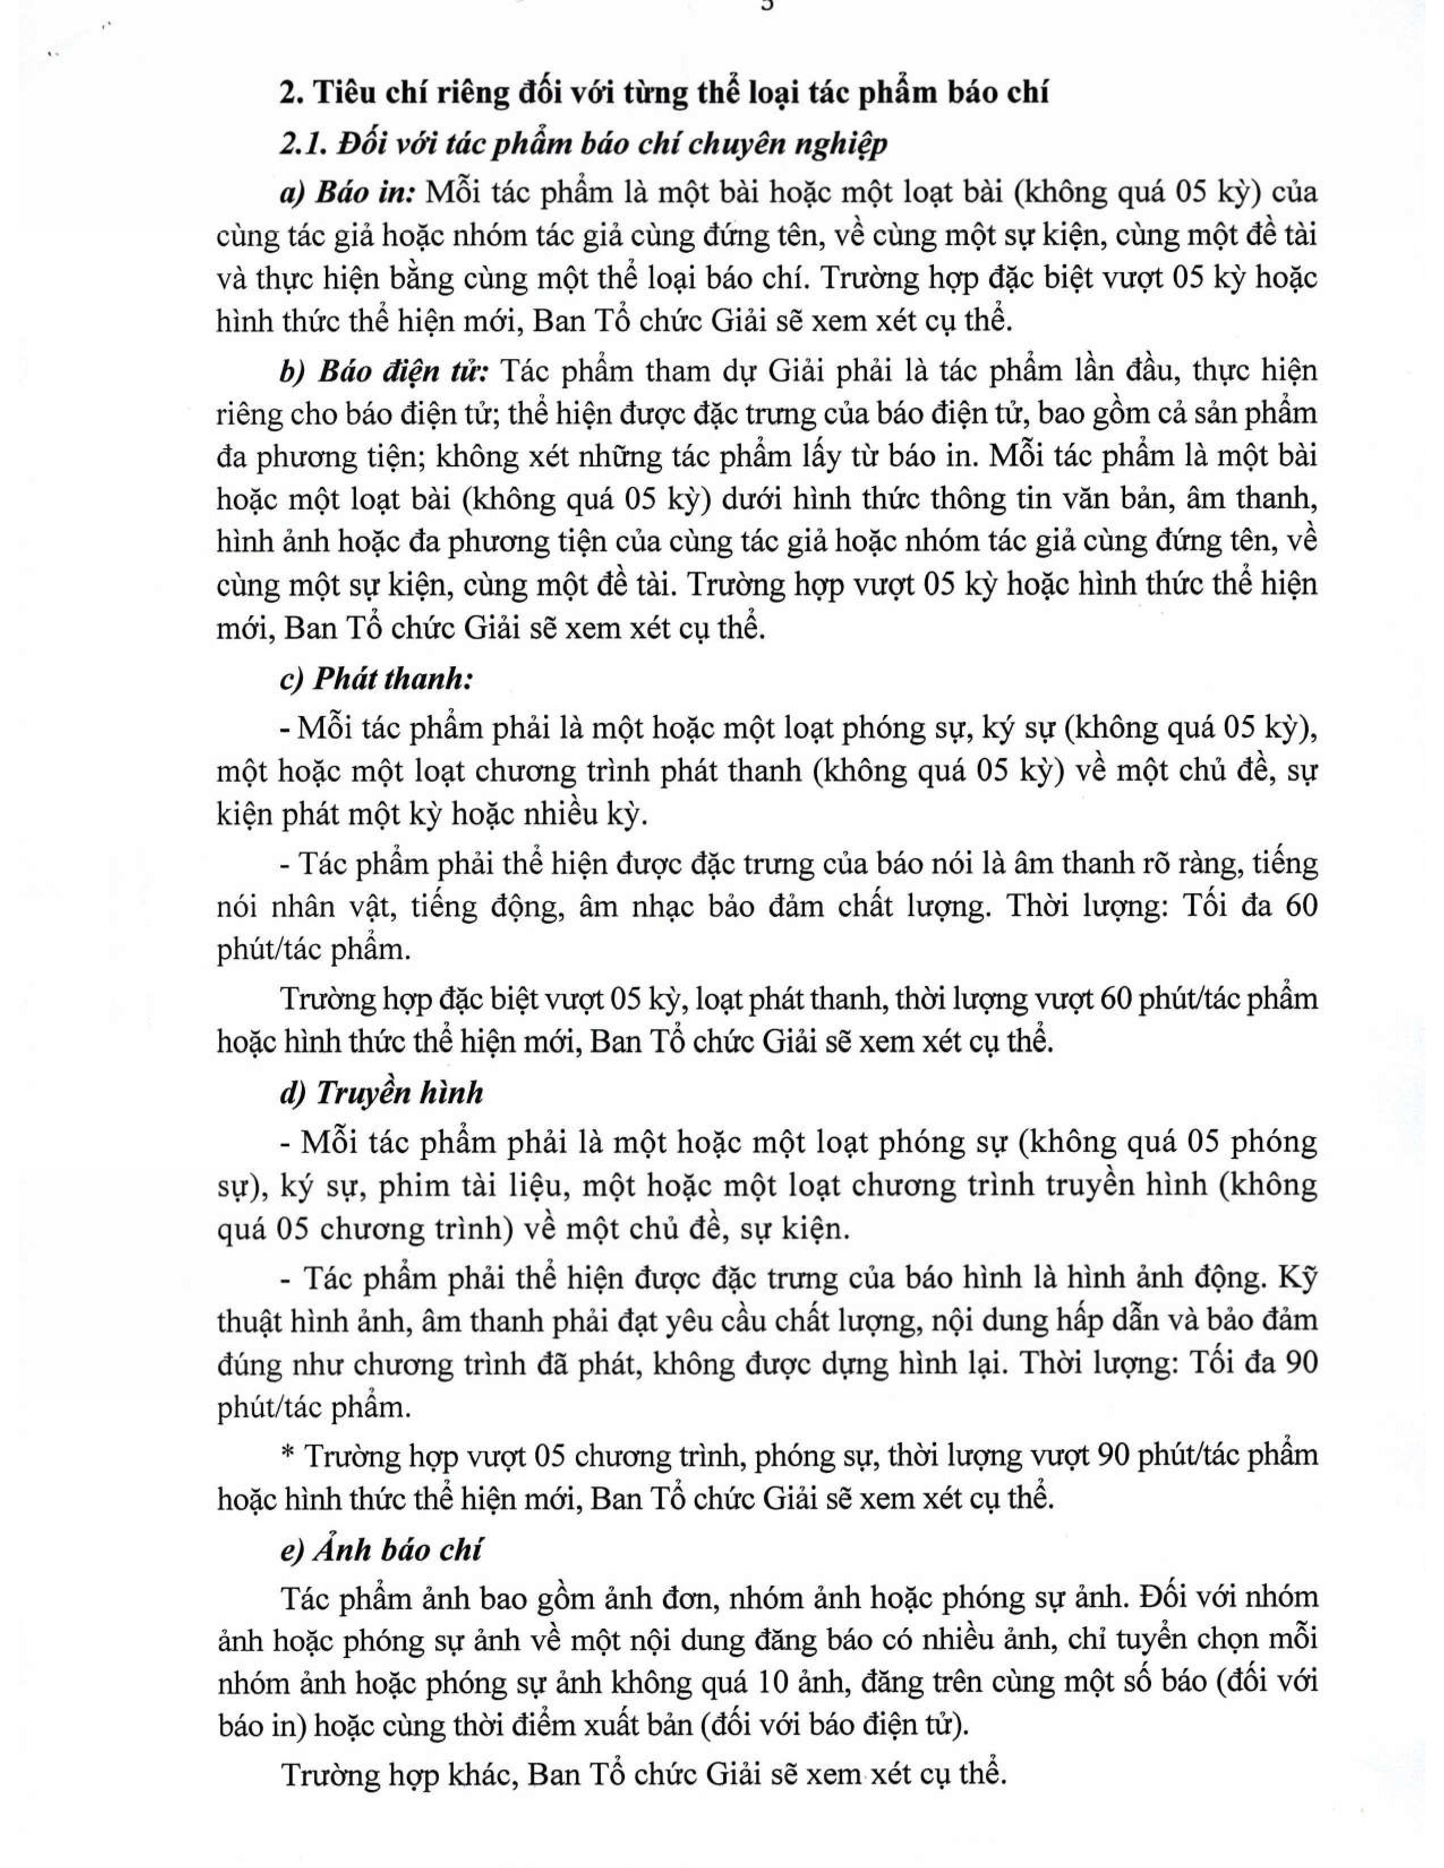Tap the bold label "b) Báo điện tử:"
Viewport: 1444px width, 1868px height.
(x=384, y=372)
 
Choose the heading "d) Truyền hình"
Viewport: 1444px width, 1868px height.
(x=382, y=1093)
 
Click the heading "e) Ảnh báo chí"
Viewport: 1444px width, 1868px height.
(x=382, y=1550)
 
